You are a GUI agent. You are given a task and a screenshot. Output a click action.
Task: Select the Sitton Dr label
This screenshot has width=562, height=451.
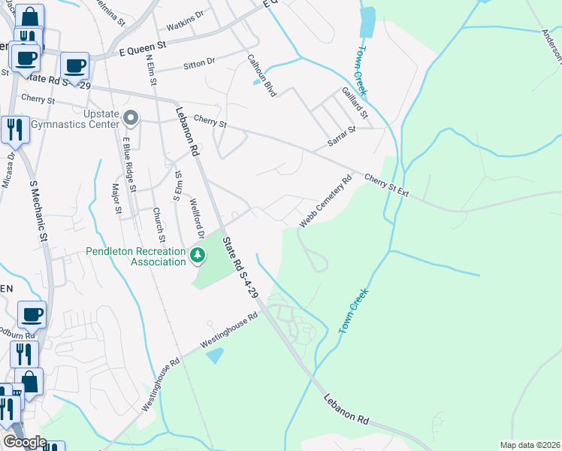coord(200,63)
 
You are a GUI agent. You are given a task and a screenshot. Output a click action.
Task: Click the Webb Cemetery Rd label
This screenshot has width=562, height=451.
coord(326,201)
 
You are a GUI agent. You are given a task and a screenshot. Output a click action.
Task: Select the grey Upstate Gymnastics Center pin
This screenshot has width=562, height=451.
coord(131,117)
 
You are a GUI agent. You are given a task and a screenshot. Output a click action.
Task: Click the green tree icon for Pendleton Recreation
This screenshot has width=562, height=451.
coord(198,256)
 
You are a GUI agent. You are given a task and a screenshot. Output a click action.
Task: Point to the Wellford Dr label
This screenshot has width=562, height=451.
coord(197,206)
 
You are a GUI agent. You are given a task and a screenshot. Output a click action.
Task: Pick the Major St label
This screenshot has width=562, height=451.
coord(116,198)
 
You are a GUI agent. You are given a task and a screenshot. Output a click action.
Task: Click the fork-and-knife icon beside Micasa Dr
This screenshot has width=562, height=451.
coord(14,129)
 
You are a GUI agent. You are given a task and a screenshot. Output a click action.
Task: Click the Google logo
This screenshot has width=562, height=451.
coord(24,442)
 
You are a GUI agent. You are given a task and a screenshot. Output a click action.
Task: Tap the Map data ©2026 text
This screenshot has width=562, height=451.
coord(529,445)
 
